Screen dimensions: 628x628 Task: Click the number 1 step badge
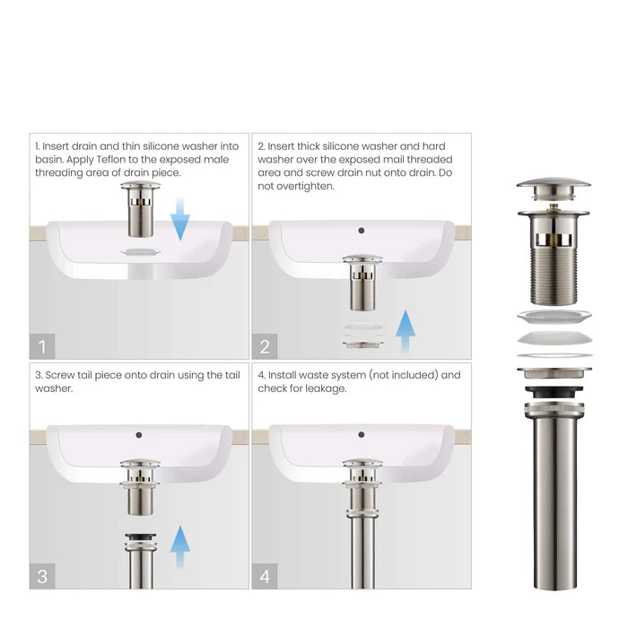tap(42, 345)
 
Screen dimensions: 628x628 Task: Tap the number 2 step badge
tap(265, 345)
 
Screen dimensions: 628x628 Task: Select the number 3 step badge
tap(42, 576)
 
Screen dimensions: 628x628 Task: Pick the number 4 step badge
tap(265, 576)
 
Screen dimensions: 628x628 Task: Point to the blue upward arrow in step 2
tap(406, 333)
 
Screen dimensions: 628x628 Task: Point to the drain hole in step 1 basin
tap(140, 253)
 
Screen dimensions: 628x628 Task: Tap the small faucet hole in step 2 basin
tap(361, 231)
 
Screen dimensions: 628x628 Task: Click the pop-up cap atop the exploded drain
tap(554, 186)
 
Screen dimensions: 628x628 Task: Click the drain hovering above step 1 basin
tap(141, 208)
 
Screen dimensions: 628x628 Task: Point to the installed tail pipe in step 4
tap(362, 538)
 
